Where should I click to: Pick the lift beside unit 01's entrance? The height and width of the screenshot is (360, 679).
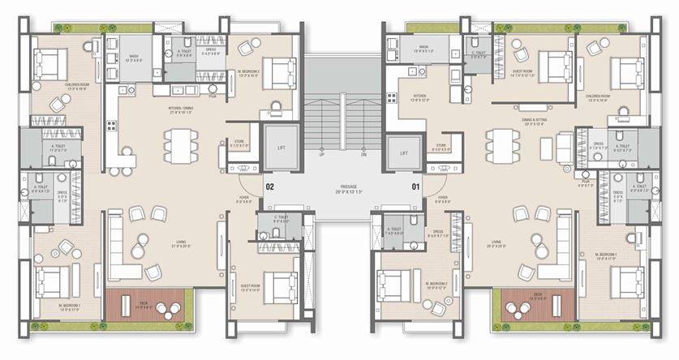tap(402, 148)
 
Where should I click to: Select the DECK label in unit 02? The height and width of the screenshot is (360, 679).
tap(143, 302)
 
